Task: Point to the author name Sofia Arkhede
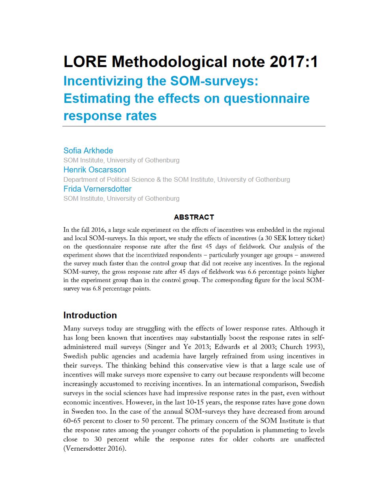[88, 151]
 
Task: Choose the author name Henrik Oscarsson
[95, 170]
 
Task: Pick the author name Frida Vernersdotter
[98, 189]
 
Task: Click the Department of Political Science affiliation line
[177, 179]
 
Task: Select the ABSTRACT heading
[194, 217]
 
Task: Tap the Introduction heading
[90, 315]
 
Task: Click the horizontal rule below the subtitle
[193, 126]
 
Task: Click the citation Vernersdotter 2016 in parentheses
[94, 448]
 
